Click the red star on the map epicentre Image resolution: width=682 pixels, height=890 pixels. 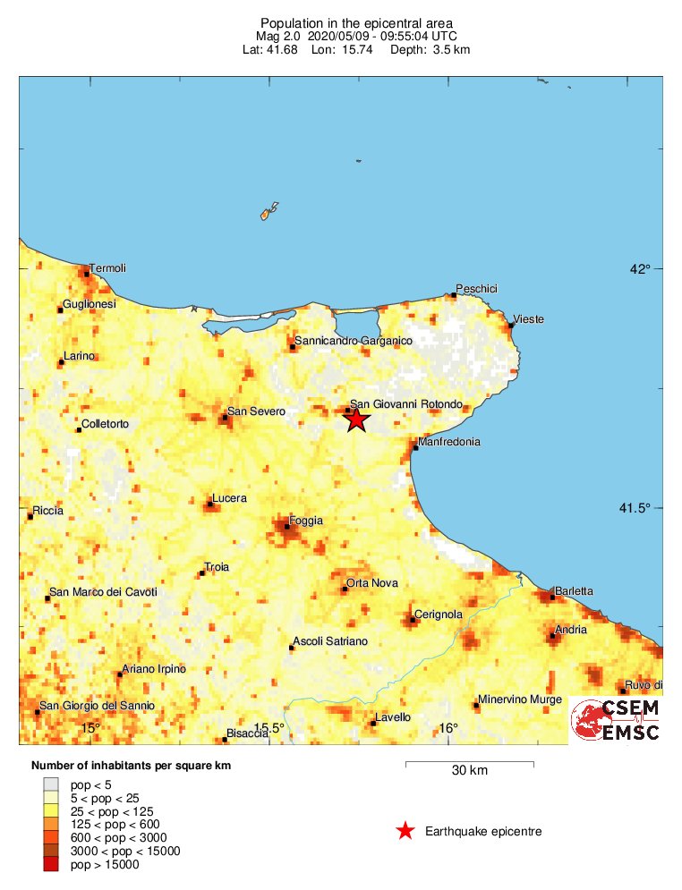point(356,419)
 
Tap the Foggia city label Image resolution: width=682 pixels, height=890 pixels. point(306,521)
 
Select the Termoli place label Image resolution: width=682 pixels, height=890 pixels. point(107,268)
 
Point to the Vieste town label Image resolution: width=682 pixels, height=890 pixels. point(528,319)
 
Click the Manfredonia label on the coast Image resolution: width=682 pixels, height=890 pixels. point(449,442)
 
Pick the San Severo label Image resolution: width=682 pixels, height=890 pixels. point(256,411)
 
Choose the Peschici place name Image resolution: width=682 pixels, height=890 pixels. point(476,288)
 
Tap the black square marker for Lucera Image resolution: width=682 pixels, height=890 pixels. point(210,504)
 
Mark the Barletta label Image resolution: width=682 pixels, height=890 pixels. point(574,591)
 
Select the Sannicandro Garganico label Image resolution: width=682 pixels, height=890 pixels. point(354,341)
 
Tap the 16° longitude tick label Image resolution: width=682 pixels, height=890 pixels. point(448,728)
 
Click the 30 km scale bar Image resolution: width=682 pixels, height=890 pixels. point(470,763)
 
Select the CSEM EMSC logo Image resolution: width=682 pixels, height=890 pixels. point(617,720)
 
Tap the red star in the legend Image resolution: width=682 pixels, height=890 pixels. point(405,832)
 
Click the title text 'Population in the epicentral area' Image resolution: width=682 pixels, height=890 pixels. point(344,22)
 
